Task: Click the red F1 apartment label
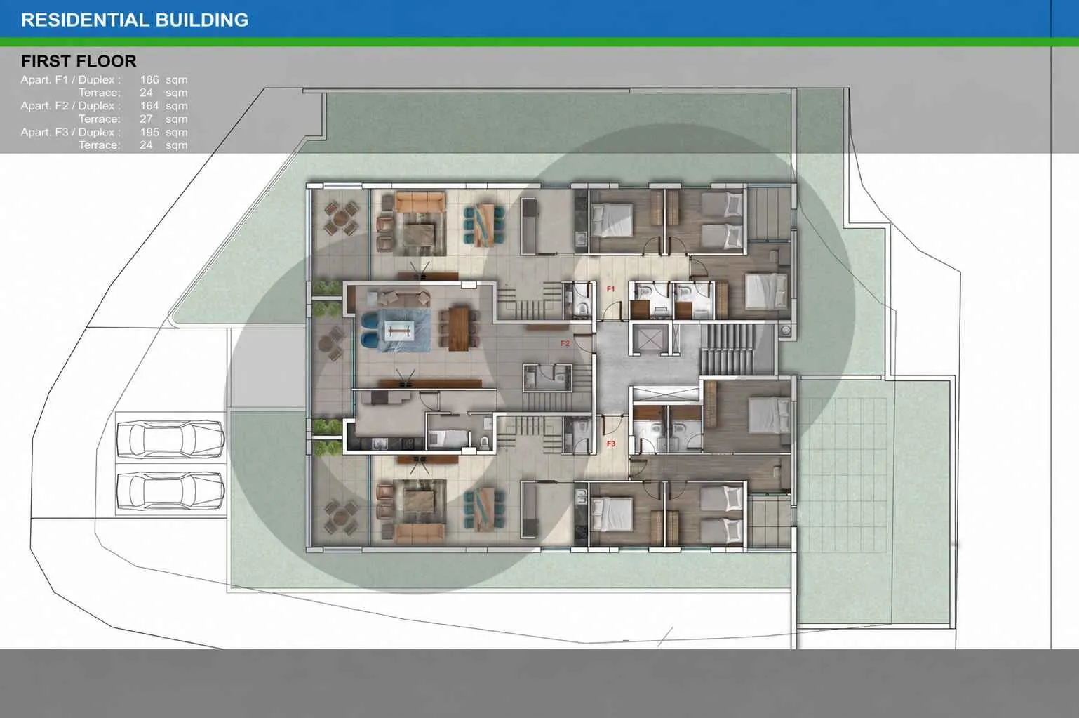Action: point(610,289)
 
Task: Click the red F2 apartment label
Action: point(565,344)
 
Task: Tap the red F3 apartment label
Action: point(611,444)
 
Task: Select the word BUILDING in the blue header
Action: point(202,20)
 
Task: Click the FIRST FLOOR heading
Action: point(79,61)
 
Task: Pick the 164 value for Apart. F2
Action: point(149,105)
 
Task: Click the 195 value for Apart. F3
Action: point(149,132)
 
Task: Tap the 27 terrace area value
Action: point(146,119)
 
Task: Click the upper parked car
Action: point(170,439)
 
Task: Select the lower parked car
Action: point(170,490)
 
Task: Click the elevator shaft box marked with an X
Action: point(650,339)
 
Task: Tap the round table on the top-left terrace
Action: point(341,218)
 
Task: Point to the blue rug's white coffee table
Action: point(399,331)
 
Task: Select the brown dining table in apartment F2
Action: point(458,328)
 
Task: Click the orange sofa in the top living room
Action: point(420,202)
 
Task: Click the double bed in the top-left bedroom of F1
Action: point(612,220)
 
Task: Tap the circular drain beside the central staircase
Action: point(786,331)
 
